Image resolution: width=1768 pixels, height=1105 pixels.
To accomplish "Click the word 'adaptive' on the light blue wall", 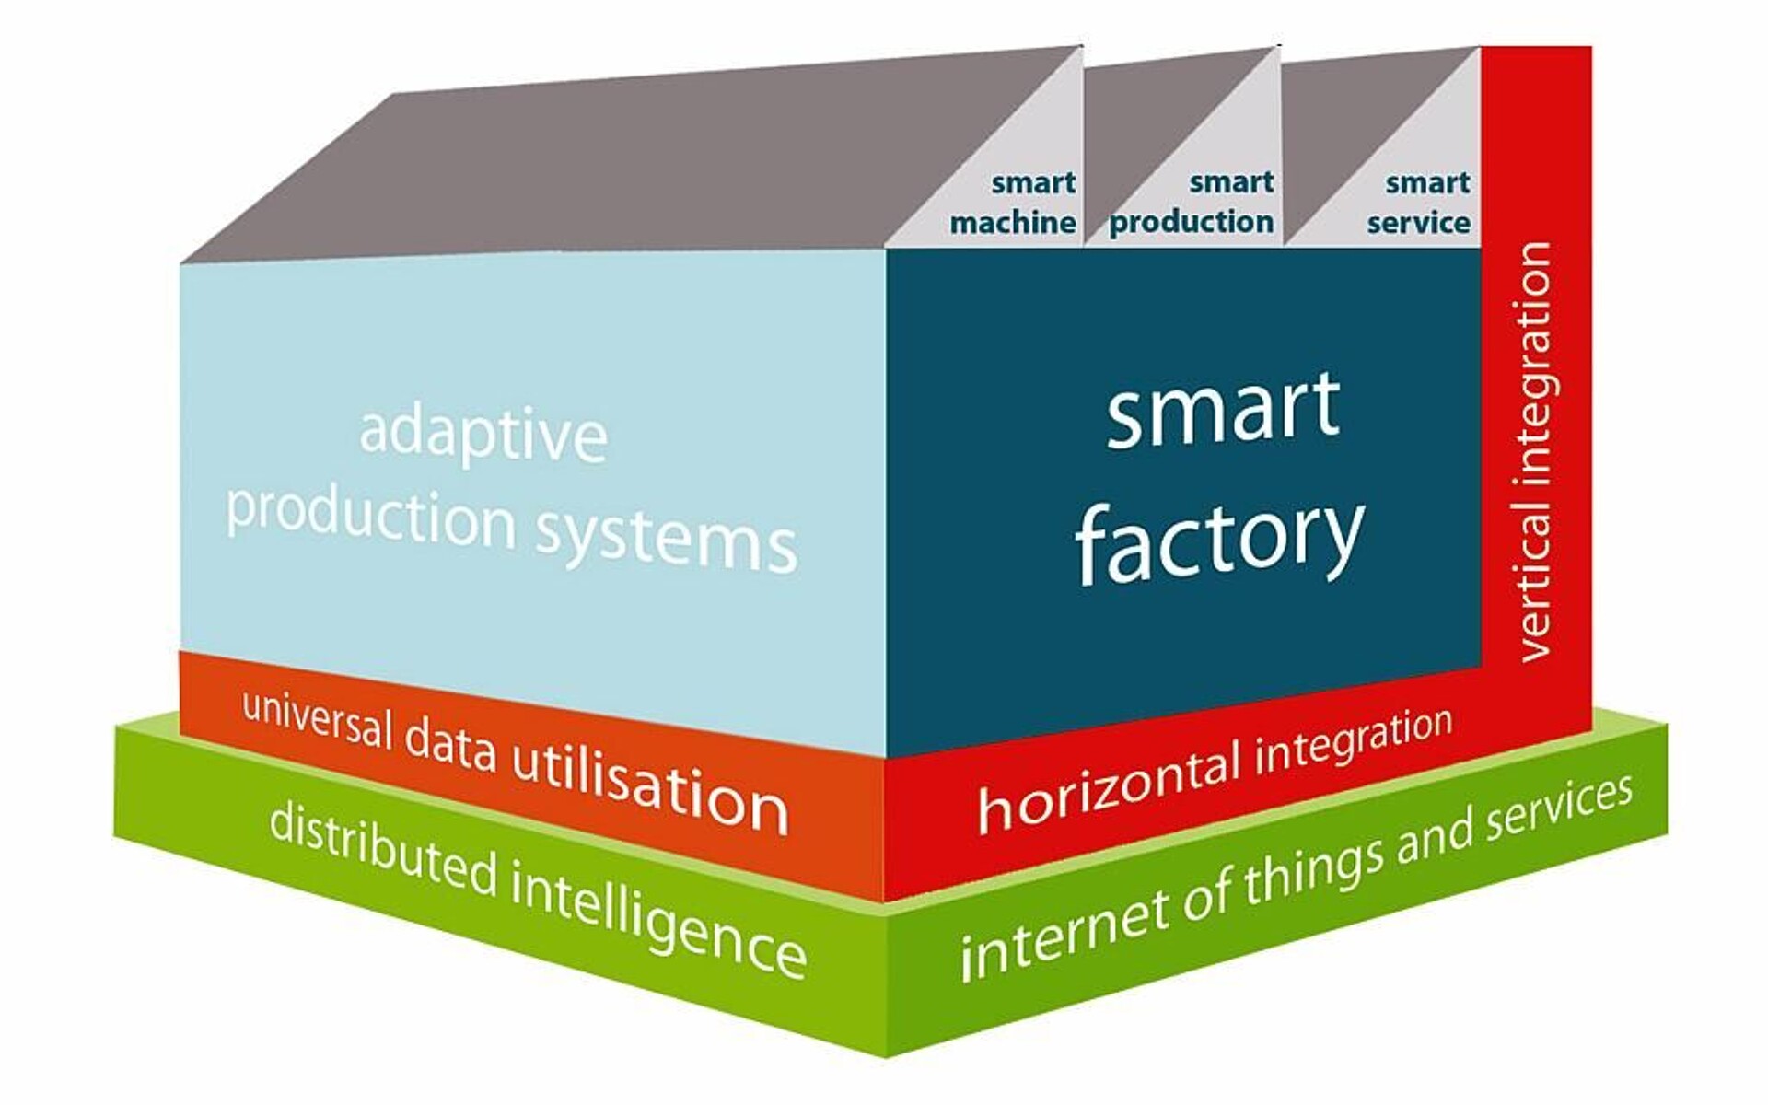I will (483, 435).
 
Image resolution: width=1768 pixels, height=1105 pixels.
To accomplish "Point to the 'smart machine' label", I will (1013, 203).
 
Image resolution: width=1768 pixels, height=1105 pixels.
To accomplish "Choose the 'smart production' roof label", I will (1192, 203).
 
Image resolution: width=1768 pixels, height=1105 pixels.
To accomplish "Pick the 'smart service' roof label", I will (1419, 203).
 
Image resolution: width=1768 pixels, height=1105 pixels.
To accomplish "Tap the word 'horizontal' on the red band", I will (1109, 790).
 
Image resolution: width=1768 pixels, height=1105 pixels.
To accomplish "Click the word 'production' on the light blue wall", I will (370, 516).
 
